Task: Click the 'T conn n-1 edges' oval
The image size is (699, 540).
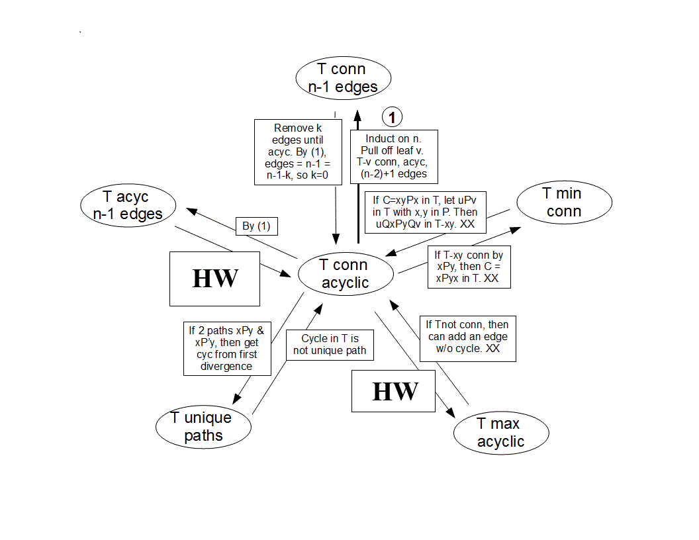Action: pos(342,78)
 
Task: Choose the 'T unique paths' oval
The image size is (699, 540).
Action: pos(204,427)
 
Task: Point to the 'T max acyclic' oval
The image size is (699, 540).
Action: pos(501,433)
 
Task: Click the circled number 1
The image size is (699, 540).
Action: pos(393,118)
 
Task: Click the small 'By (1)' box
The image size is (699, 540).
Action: pos(257,226)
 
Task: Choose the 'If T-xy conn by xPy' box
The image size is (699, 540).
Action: pos(469,267)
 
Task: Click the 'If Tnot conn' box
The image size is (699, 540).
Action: pos(464,337)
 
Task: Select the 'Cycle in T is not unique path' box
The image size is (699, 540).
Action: pos(329,345)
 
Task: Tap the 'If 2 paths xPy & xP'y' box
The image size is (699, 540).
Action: pos(227,347)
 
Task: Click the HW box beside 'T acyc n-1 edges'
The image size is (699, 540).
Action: pos(214,279)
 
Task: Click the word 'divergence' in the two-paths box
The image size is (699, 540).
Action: pos(227,366)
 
